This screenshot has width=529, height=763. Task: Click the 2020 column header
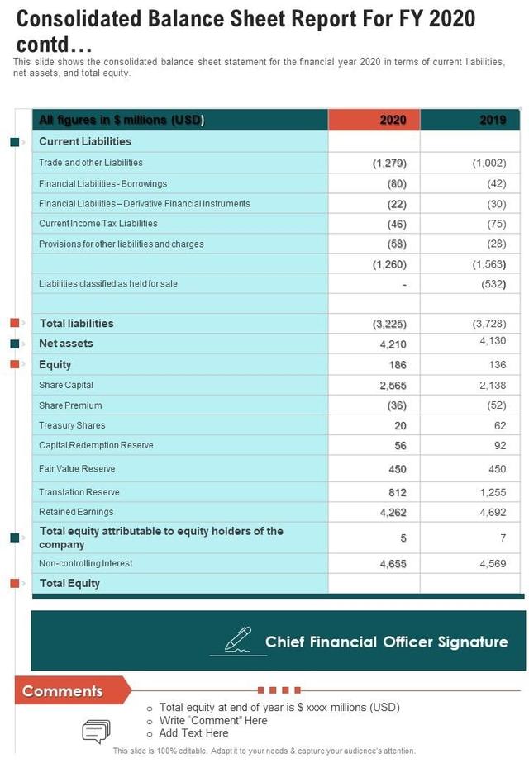click(x=393, y=121)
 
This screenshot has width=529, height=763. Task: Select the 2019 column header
click(x=493, y=121)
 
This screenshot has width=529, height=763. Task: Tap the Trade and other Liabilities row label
click(x=91, y=163)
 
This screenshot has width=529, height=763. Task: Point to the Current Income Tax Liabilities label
click(x=98, y=224)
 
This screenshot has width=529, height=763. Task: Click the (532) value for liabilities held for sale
click(x=493, y=284)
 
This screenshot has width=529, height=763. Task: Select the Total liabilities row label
click(x=77, y=324)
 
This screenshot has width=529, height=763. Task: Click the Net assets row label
click(x=66, y=344)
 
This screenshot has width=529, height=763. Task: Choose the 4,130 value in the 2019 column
click(x=493, y=340)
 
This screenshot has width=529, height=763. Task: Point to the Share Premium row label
click(x=70, y=405)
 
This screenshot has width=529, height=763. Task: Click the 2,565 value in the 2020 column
click(x=393, y=386)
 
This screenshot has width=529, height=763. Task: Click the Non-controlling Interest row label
click(x=86, y=563)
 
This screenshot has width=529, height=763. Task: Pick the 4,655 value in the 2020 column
click(x=393, y=563)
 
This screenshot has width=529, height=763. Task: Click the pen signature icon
click(x=238, y=640)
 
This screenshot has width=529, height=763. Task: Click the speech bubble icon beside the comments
click(x=96, y=731)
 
